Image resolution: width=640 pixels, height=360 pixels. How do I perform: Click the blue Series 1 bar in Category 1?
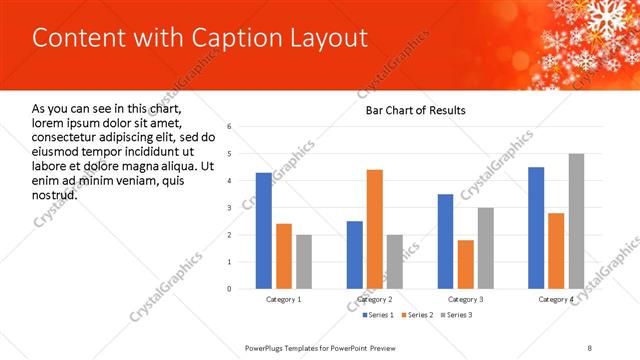(x=264, y=231)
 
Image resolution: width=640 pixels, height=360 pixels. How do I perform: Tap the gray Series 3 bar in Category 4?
(x=576, y=221)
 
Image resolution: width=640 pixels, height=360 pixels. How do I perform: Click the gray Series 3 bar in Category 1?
(x=304, y=262)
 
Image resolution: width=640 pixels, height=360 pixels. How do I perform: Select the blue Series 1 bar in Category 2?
(x=355, y=255)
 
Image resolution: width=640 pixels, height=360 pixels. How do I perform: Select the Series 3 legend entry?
(x=455, y=315)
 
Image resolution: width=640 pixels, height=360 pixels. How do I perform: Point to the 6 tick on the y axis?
(x=230, y=127)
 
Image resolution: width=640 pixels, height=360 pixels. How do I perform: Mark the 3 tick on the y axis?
(x=230, y=208)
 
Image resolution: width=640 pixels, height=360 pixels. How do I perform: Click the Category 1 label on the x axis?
(x=284, y=299)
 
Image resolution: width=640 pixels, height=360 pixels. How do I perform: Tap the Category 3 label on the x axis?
(x=466, y=299)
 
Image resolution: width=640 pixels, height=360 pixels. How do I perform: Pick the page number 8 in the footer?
(x=590, y=347)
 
